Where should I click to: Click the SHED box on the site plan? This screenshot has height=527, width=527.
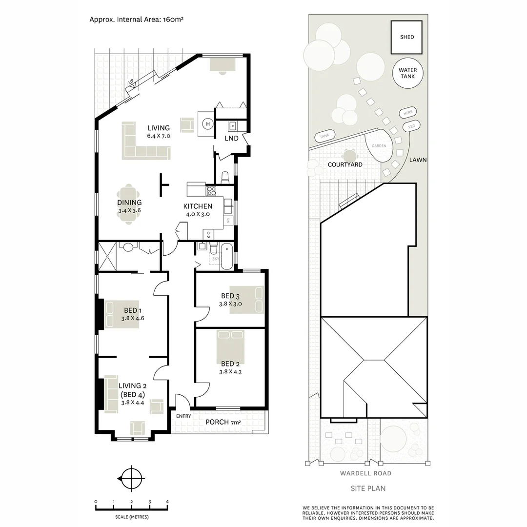pos(406,37)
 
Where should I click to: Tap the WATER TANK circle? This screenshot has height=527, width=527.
pos(407,73)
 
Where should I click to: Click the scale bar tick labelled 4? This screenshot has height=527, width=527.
pos(167,502)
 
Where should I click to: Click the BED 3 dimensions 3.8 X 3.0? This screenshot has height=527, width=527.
pos(230,304)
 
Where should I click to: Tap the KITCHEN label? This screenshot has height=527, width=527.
pos(198,206)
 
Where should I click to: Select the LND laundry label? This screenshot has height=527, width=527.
pos(231,138)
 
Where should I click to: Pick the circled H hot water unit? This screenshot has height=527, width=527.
pos(207,124)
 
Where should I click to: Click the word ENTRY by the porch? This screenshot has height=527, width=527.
pos(183,416)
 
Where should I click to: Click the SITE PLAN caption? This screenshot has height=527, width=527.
pos(368,488)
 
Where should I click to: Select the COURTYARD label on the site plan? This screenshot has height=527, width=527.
pos(345,164)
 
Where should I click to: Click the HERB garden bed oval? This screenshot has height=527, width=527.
pos(408,112)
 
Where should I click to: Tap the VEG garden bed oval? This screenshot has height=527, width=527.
pos(410,127)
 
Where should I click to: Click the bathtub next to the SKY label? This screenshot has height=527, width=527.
pos(227,257)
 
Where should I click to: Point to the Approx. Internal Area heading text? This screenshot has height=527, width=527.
pos(136,20)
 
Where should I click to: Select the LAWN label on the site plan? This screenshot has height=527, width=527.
pos(418,160)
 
